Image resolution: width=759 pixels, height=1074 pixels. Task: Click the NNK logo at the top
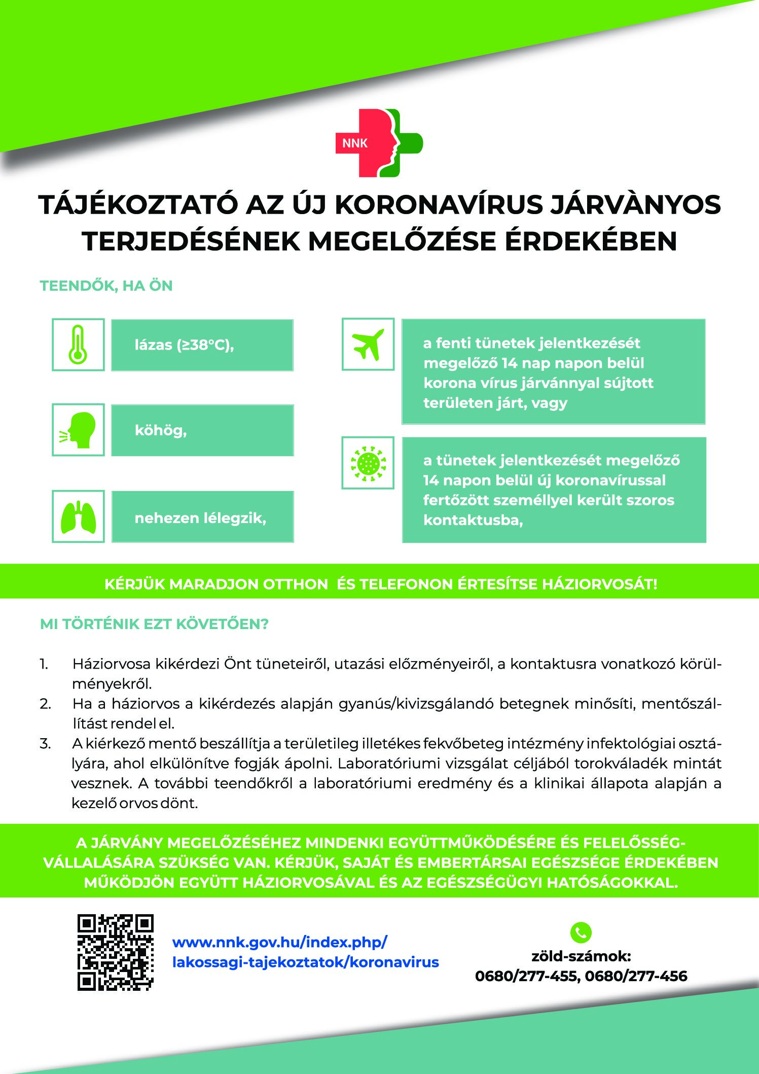point(379,143)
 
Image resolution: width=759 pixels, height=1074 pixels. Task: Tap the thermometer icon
point(78,344)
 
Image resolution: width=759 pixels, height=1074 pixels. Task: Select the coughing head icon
point(78,430)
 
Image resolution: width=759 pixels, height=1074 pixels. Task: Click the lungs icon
point(78,516)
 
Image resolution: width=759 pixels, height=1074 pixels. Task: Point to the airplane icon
point(368,344)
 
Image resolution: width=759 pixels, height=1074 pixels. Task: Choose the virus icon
point(368,463)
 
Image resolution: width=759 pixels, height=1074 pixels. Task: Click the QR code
point(115,952)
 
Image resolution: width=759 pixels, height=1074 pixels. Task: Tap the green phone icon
point(581,931)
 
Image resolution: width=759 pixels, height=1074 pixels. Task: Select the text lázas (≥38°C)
point(184,345)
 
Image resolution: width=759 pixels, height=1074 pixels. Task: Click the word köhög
point(161,430)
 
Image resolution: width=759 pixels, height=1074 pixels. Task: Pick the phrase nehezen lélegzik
point(200,518)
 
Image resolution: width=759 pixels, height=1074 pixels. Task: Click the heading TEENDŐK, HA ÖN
point(106,286)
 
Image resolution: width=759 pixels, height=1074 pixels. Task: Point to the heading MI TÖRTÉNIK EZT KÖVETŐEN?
point(154,624)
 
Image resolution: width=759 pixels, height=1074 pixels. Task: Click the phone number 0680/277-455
point(527,976)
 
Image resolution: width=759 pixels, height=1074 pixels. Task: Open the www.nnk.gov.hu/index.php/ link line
point(280,942)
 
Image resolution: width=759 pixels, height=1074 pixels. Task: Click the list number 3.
point(45,744)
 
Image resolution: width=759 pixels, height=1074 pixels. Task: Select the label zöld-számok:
point(581,956)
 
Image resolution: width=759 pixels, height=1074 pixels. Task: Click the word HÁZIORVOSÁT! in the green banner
point(600,584)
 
